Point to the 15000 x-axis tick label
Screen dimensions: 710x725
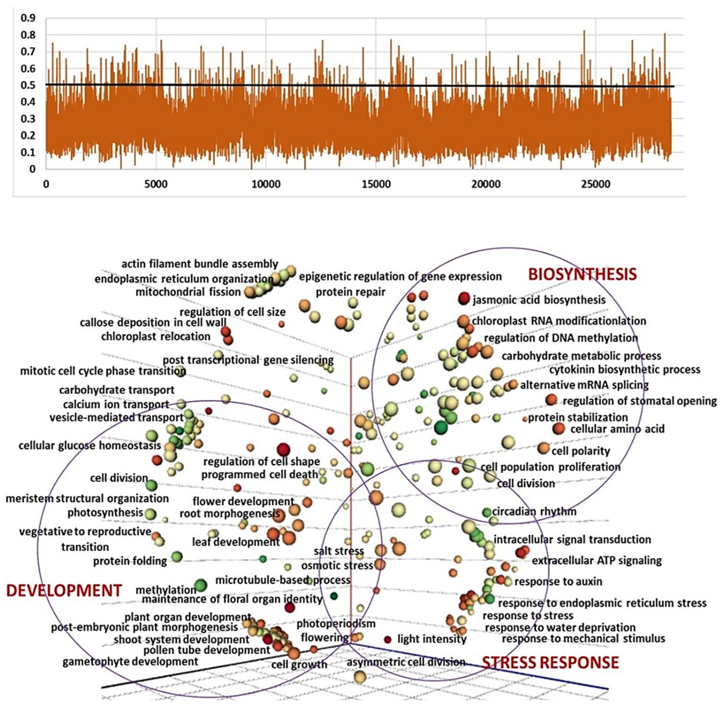coord(376,184)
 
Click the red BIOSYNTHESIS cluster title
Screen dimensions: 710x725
coord(582,275)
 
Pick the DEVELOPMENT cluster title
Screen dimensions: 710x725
coord(64,591)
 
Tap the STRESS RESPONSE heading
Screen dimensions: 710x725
coord(550,663)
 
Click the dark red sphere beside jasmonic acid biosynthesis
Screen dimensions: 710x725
coord(464,298)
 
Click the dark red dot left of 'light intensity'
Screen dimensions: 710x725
coord(388,640)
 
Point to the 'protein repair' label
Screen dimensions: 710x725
coord(350,292)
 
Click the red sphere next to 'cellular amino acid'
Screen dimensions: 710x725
coord(558,429)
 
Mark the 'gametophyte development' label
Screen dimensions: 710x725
coord(130,662)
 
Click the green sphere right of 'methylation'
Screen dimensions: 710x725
coord(201,585)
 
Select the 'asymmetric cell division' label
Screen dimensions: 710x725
coord(406,662)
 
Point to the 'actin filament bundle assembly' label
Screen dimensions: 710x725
coord(200,264)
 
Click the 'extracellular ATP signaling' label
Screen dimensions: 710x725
coord(596,561)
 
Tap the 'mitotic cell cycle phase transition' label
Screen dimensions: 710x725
coord(103,371)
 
